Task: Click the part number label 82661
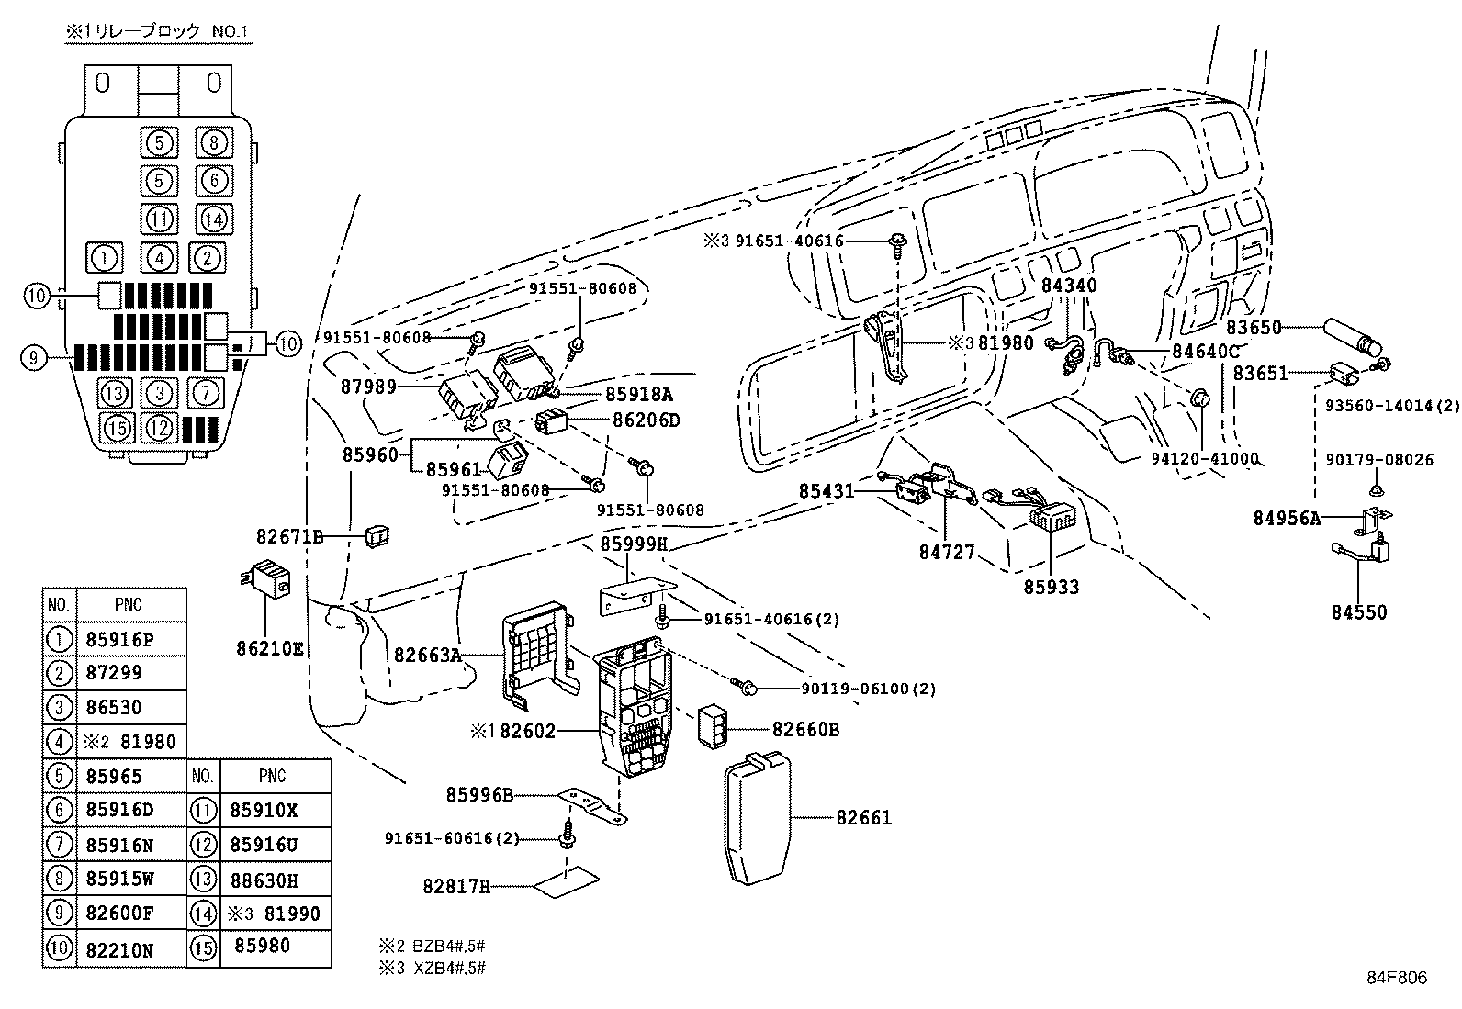pos(863,817)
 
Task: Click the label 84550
pos(1359,612)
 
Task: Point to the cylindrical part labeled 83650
pos(1352,336)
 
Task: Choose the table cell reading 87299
pos(114,673)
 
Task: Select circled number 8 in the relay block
pos(213,143)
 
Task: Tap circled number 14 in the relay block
pos(213,219)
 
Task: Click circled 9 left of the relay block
pos(33,357)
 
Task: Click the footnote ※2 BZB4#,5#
pos(432,945)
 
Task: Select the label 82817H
pos(455,886)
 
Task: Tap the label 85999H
pos(634,544)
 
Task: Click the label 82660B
pos(805,730)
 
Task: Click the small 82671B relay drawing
pos(377,535)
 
